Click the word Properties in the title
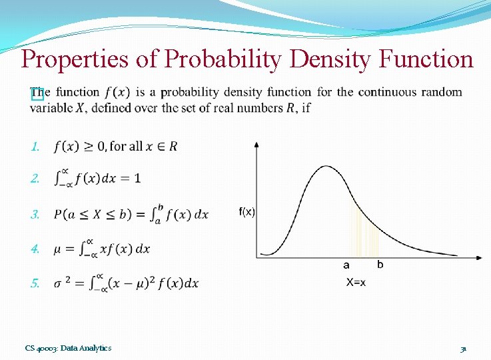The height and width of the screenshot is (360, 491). pyautogui.click(x=73, y=60)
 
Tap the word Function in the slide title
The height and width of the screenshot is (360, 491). pyautogui.click(x=426, y=60)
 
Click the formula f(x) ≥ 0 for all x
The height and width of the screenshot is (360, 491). pyautogui.click(x=116, y=146)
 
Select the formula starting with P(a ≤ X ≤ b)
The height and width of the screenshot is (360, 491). pyautogui.click(x=131, y=214)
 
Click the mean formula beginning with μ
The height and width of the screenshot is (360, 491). pyautogui.click(x=102, y=249)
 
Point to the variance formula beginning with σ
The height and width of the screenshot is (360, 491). pyautogui.click(x=126, y=283)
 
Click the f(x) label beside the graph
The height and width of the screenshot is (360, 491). pyautogui.click(x=246, y=211)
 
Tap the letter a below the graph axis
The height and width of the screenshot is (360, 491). pyautogui.click(x=346, y=265)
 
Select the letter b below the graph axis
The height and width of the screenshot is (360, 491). pyautogui.click(x=380, y=265)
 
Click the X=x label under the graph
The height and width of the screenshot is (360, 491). pyautogui.click(x=355, y=283)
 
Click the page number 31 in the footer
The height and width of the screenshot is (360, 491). pyautogui.click(x=462, y=348)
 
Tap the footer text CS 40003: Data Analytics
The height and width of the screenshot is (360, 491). pyautogui.click(x=68, y=348)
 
